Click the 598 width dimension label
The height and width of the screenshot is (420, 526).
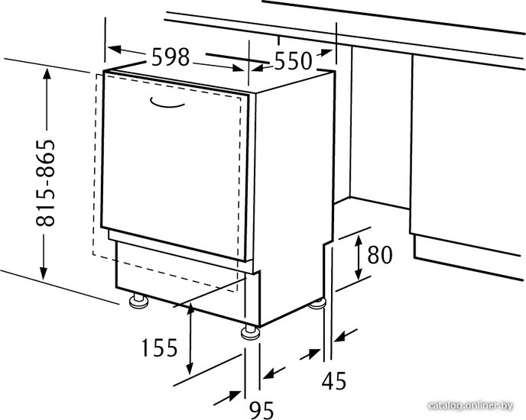click(170, 57)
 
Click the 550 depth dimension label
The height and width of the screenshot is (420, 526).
click(293, 60)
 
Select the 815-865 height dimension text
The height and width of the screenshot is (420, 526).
click(45, 183)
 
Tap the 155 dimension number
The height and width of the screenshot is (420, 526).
click(159, 347)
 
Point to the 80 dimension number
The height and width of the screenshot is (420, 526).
click(380, 255)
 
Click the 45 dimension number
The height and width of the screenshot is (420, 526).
click(334, 381)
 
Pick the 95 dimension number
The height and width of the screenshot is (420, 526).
click(261, 409)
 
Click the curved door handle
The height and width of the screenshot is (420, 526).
click(167, 103)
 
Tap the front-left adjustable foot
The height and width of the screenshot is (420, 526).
click(138, 300)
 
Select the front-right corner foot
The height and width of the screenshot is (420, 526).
click(250, 331)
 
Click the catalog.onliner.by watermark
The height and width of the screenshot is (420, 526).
click(471, 405)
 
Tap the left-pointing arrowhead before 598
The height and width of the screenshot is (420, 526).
click(115, 50)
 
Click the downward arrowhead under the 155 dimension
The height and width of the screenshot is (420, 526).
click(190, 368)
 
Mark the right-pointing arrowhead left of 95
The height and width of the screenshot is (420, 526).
click(235, 396)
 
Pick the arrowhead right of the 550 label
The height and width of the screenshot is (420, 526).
click(325, 53)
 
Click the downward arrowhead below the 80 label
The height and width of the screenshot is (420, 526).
click(359, 274)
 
